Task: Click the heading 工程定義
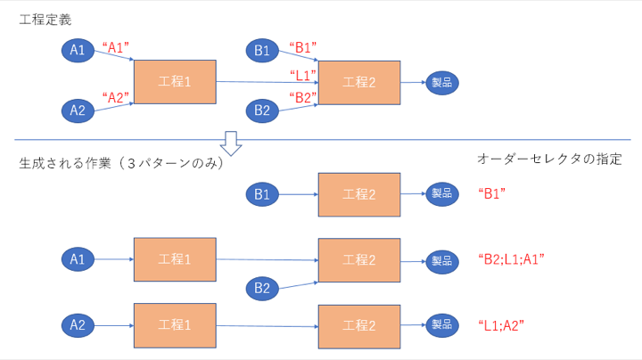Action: click(45, 20)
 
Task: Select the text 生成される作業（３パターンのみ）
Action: click(120, 165)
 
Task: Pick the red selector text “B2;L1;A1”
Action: click(512, 259)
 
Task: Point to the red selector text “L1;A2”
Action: click(500, 325)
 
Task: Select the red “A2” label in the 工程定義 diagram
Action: click(117, 96)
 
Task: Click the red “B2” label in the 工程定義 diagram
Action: click(303, 97)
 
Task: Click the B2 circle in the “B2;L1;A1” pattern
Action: click(262, 287)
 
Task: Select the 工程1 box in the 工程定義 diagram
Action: click(175, 82)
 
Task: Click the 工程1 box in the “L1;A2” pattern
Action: click(175, 325)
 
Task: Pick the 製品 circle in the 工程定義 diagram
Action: click(442, 82)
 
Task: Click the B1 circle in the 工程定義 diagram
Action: click(262, 51)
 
